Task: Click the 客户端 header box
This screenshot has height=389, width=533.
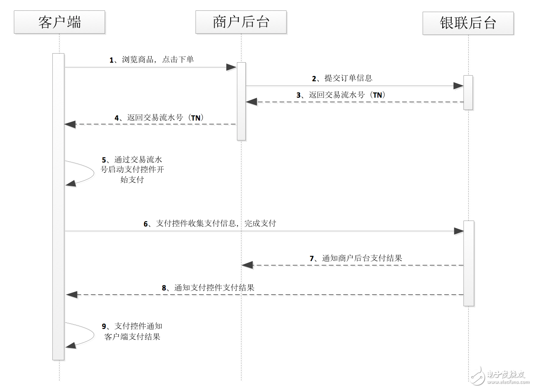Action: click(x=59, y=22)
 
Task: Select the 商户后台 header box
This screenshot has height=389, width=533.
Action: click(x=241, y=22)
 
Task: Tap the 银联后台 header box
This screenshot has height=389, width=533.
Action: click(x=468, y=23)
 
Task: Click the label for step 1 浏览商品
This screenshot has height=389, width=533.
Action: click(x=152, y=60)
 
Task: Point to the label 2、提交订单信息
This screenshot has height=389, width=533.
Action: click(x=342, y=78)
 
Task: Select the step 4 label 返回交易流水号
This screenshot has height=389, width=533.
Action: click(x=159, y=117)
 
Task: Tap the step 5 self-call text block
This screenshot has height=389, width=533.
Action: click(x=132, y=169)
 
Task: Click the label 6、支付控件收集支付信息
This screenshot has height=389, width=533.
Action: click(x=210, y=223)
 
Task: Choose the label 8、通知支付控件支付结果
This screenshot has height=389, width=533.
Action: click(x=208, y=287)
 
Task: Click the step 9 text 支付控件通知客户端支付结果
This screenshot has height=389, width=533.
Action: click(x=132, y=331)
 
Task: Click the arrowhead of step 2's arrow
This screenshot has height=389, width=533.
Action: click(x=458, y=86)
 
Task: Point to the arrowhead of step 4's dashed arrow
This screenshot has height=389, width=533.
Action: click(x=70, y=124)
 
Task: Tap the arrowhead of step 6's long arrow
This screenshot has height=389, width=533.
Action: click(x=458, y=231)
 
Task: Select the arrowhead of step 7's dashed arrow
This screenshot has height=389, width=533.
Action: click(x=247, y=265)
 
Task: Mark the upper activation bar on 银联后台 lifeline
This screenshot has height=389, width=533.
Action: click(x=468, y=92)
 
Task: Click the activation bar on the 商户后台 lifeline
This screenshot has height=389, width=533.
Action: click(x=241, y=101)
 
